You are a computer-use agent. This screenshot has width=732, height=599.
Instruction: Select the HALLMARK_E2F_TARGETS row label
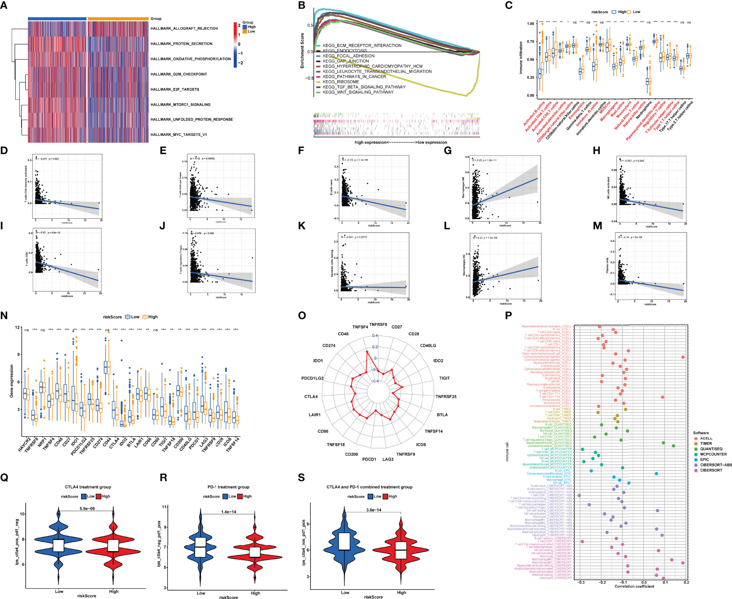click(175, 89)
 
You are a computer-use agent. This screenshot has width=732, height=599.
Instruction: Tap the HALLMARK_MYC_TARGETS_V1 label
click(179, 135)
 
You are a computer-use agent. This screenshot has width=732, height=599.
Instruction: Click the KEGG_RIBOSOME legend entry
click(341, 82)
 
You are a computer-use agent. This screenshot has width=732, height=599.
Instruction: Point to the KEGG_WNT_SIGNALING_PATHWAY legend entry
click(358, 92)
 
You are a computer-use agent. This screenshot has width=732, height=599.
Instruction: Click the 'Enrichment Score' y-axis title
click(302, 50)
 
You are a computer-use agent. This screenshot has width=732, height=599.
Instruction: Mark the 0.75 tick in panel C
click(531, 42)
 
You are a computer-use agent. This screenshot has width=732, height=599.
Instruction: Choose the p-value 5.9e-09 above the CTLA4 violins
click(87, 509)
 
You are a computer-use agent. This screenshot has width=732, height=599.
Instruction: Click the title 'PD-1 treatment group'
click(228, 487)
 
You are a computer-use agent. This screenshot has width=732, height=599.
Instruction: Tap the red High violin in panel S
click(401, 550)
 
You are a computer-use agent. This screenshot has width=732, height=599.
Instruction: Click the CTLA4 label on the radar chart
click(311, 397)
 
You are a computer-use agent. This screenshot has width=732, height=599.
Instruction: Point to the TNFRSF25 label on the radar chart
click(446, 397)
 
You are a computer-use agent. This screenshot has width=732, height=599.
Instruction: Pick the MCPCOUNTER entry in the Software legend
click(713, 454)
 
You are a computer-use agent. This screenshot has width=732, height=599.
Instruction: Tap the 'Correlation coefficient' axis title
click(634, 586)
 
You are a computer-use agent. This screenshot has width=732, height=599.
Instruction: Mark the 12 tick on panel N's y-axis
click(17, 328)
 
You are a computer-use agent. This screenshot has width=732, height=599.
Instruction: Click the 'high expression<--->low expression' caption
click(401, 142)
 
